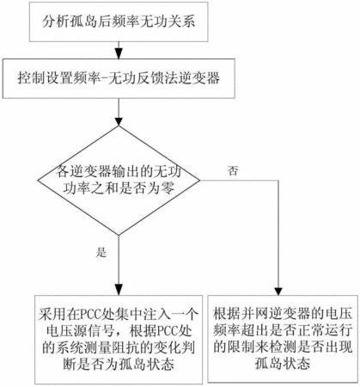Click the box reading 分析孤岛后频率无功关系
click(x=119, y=21)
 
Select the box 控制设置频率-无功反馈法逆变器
click(x=119, y=78)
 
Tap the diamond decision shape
click(x=119, y=181)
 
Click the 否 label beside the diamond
click(x=233, y=171)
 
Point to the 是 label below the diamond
click(x=101, y=253)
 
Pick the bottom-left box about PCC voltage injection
click(x=119, y=340)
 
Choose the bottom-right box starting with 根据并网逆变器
click(x=283, y=339)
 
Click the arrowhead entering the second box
click(x=119, y=54)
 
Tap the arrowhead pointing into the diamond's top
click(x=119, y=120)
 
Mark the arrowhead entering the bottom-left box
click(x=119, y=290)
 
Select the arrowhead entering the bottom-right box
click(x=278, y=291)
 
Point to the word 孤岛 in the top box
click(x=78, y=21)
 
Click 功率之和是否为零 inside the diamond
click(x=119, y=188)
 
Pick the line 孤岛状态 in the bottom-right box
click(x=283, y=364)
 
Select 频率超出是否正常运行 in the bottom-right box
click(x=283, y=330)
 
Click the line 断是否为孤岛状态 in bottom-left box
click(x=119, y=365)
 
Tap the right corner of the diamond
click(x=200, y=181)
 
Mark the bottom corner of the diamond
click(x=119, y=236)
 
